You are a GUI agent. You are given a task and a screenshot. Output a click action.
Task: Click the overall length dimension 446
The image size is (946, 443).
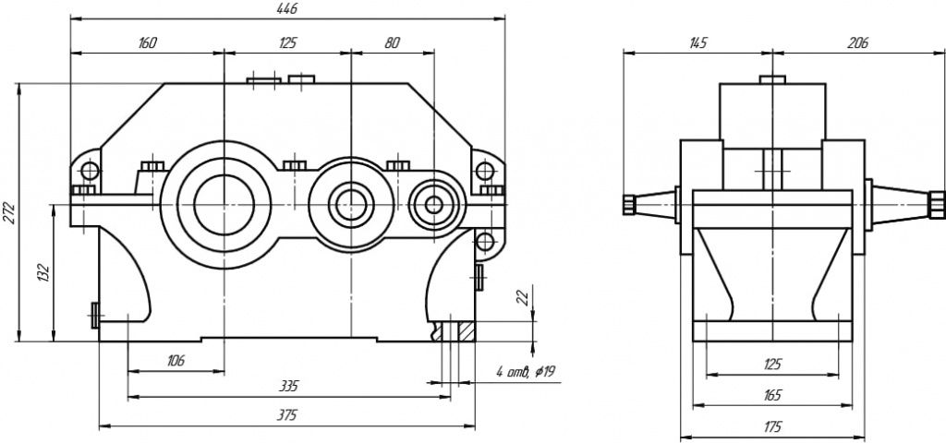click(x=287, y=7)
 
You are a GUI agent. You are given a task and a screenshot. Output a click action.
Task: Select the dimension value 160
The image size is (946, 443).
click(x=148, y=42)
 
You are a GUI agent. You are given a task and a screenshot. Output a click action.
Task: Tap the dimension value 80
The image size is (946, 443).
click(x=392, y=42)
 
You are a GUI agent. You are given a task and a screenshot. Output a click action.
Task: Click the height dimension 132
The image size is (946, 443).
click(x=42, y=273)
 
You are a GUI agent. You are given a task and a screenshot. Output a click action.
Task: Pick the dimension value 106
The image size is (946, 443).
click(x=176, y=361)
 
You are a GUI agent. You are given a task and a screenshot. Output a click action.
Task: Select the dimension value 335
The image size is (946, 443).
click(x=288, y=386)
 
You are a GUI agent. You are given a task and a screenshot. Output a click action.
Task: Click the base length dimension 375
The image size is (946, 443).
click(x=287, y=415)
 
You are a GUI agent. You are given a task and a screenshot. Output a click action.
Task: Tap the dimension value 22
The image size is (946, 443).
click(x=521, y=296)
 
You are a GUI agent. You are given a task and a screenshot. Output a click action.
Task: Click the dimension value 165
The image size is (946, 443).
click(x=772, y=395)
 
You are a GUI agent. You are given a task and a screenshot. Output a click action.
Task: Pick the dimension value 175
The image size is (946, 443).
click(x=772, y=426)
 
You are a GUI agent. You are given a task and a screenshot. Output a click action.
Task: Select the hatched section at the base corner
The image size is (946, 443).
click(x=463, y=329)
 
